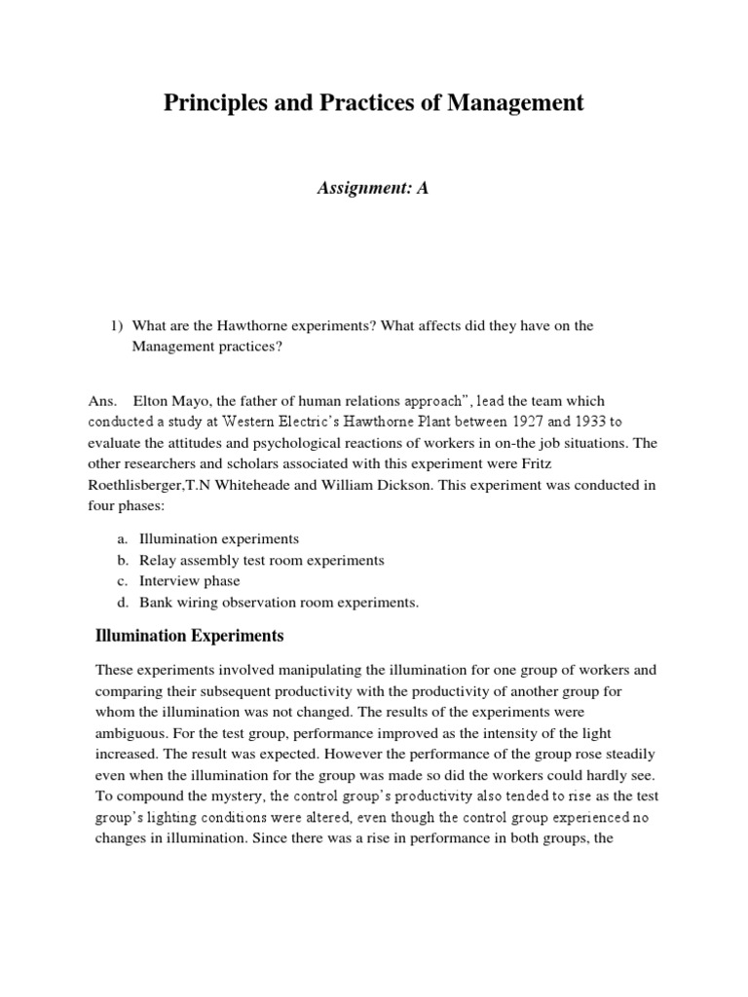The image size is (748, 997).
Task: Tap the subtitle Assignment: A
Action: coord(373,189)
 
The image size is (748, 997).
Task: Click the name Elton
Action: coord(151,401)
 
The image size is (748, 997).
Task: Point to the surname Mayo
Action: coord(193,401)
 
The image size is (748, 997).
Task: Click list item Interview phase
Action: coord(183,581)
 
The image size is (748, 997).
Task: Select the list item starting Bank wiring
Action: coord(279,603)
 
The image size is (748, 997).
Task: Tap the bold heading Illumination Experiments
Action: coord(189,637)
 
